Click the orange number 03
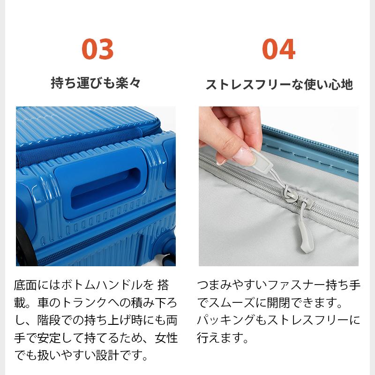[x=97, y=48]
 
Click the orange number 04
[x=278, y=48]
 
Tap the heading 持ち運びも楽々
[x=96, y=83]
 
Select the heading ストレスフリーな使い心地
[x=279, y=85]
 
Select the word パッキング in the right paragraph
[x=231, y=320]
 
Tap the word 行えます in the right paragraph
[x=221, y=337]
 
